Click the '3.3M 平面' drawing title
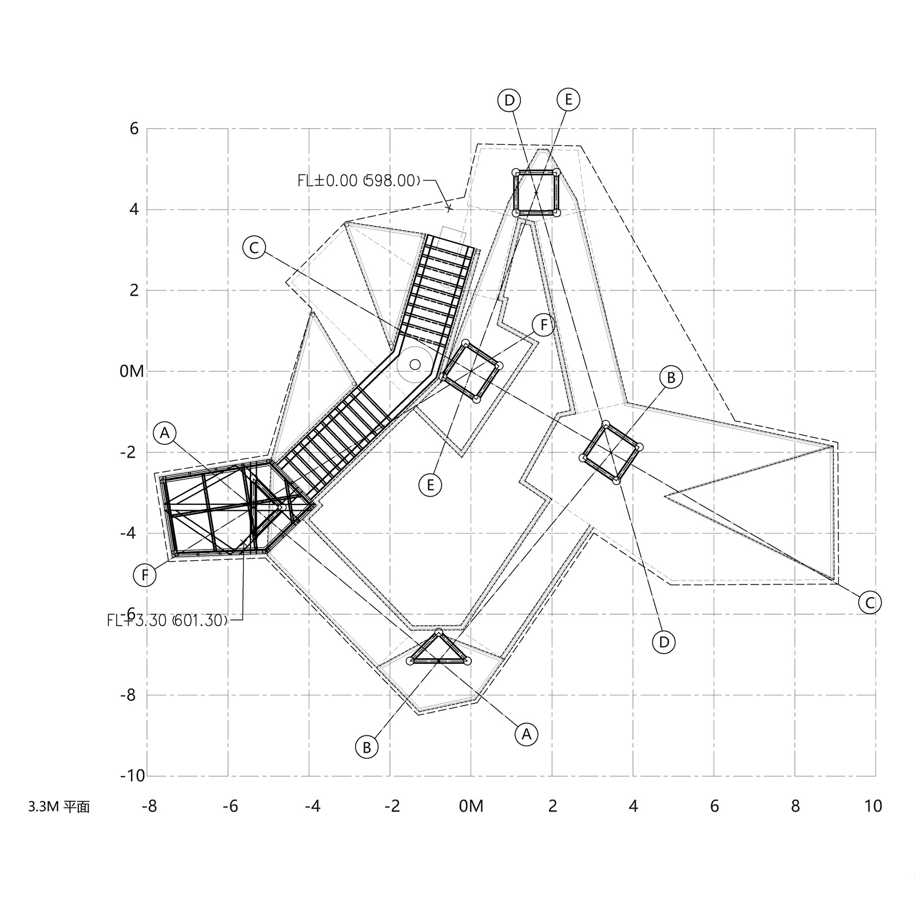click(x=59, y=807)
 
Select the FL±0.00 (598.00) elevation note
click(x=359, y=181)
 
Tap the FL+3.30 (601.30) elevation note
click(x=168, y=620)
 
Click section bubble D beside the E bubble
click(x=509, y=101)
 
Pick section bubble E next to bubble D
click(x=568, y=100)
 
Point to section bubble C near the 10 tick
click(x=870, y=603)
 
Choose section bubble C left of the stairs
click(x=254, y=248)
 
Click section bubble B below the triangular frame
click(x=367, y=747)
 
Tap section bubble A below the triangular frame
click(x=526, y=733)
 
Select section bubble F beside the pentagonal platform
click(x=145, y=575)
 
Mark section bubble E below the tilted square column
click(x=430, y=485)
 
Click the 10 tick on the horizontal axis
click(x=873, y=806)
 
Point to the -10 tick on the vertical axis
click(x=132, y=776)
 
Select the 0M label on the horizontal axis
click(x=471, y=806)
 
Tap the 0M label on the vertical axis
click(x=132, y=371)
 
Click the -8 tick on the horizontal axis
click(x=149, y=806)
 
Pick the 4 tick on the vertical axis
click(x=134, y=209)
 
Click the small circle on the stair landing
click(x=415, y=364)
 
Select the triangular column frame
click(x=439, y=651)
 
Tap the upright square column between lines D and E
click(x=536, y=192)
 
